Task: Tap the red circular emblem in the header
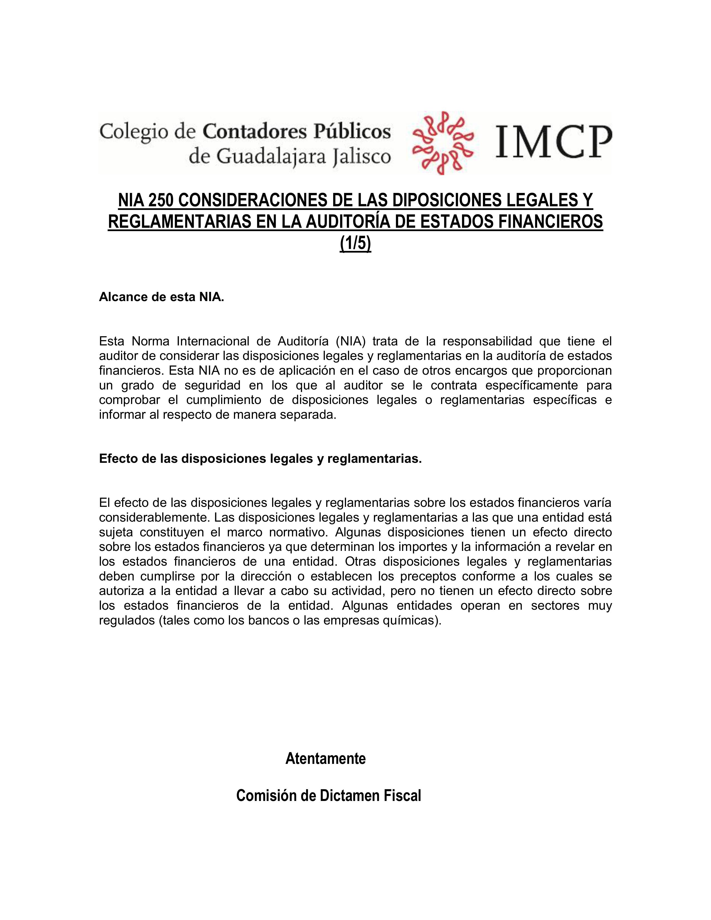tap(442, 143)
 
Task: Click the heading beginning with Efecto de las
tap(260, 459)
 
